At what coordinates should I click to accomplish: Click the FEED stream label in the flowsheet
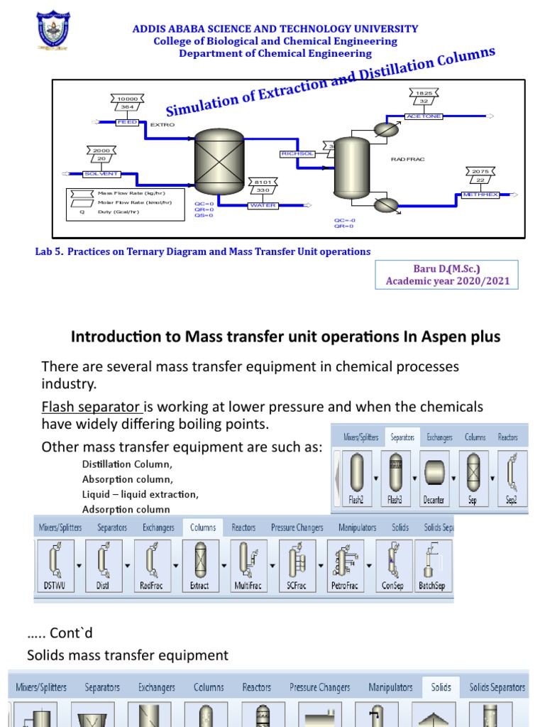tap(127, 123)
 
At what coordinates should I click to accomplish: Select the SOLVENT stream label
tap(101, 174)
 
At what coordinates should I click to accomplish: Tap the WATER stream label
tap(263, 206)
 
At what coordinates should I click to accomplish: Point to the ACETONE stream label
tap(424, 116)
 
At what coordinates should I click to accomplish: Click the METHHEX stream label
tap(480, 195)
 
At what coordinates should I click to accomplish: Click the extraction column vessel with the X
tap(219, 161)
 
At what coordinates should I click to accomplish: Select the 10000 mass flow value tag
tap(128, 98)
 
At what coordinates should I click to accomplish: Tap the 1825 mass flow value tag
tap(424, 93)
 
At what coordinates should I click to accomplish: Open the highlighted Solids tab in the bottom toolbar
tap(441, 687)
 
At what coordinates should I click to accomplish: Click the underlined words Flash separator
tap(92, 407)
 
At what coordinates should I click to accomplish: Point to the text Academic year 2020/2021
tap(447, 281)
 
